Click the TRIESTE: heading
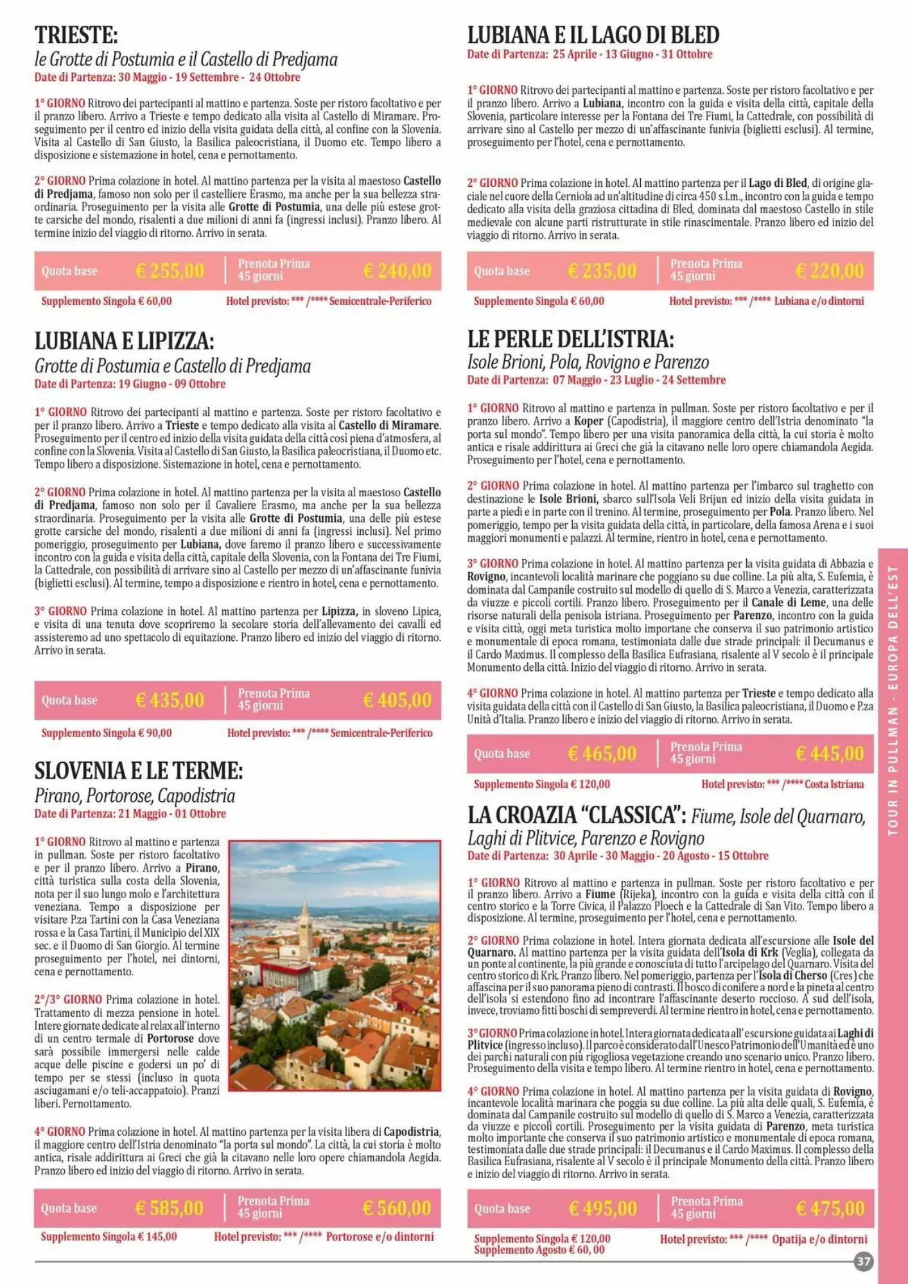(x=76, y=34)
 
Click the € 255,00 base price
(x=170, y=271)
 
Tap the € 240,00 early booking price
(x=397, y=271)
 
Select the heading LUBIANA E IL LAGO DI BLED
(x=593, y=34)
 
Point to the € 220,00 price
(x=830, y=271)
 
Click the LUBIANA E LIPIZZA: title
(x=124, y=340)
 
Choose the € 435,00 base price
(x=170, y=700)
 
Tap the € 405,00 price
(x=397, y=700)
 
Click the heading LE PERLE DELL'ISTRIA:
(x=570, y=339)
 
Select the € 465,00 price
(x=602, y=753)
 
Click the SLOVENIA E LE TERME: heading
(x=139, y=770)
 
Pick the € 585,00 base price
(x=170, y=1208)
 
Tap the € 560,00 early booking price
(x=397, y=1208)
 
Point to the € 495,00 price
(x=602, y=1209)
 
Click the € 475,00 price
(x=830, y=1209)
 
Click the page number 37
(x=864, y=1262)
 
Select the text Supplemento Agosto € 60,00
(x=539, y=1250)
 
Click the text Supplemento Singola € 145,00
(x=109, y=1236)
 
